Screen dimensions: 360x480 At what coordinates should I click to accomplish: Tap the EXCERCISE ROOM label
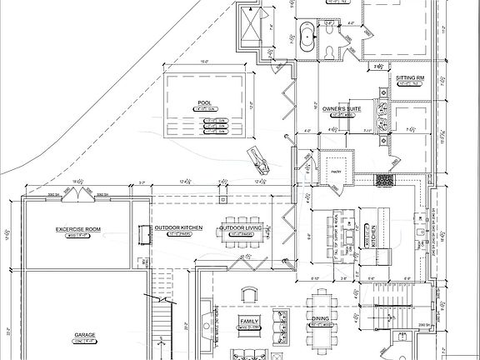(x=78, y=228)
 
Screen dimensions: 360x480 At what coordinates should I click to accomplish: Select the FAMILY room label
(x=248, y=320)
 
